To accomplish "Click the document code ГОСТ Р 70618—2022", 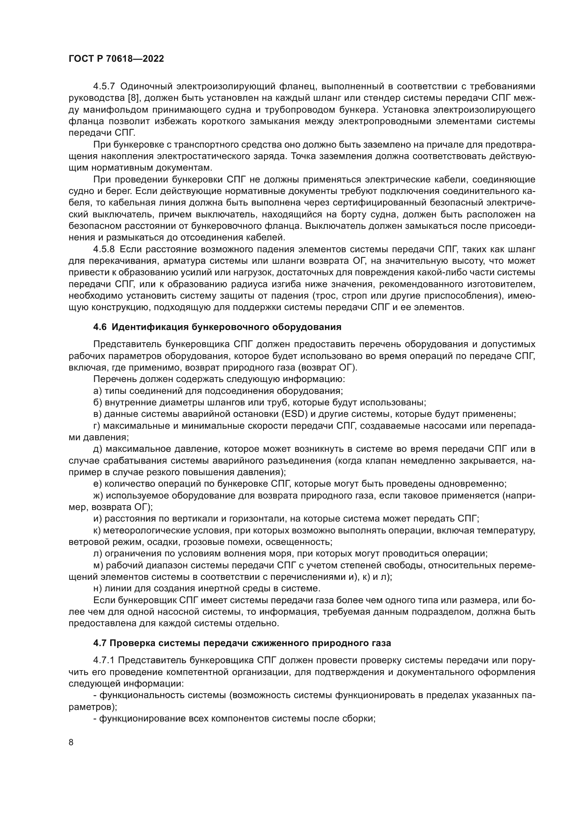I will pyautogui.click(x=116, y=59).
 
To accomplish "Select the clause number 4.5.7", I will pyautogui.click(x=104, y=87).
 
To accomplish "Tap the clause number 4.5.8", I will pyautogui.click(x=104, y=249).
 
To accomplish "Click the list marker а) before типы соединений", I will pyautogui.click(x=97, y=391).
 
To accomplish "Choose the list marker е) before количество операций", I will pyautogui.click(x=97, y=484).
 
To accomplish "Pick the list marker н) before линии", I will pyautogui.click(x=97, y=588).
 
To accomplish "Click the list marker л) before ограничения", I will pyautogui.click(x=97, y=553).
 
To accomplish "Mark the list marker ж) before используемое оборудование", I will pyautogui.click(x=98, y=495).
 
